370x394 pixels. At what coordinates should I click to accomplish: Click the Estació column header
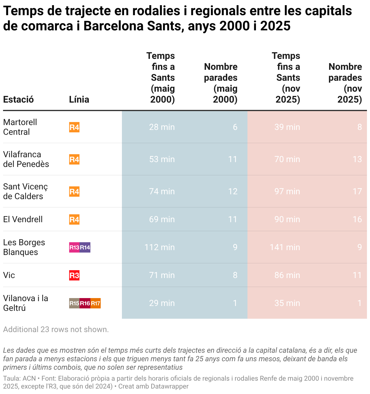click(x=18, y=100)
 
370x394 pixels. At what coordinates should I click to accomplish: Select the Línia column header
click(x=79, y=100)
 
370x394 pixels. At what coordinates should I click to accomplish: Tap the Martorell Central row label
click(x=20, y=127)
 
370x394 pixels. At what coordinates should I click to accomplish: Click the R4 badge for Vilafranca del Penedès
click(x=74, y=159)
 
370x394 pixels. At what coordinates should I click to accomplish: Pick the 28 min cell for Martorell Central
click(x=162, y=127)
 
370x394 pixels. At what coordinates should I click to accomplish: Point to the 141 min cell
click(x=285, y=247)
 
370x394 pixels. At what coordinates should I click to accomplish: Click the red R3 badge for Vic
click(x=74, y=275)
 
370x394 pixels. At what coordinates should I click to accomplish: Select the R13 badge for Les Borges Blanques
click(x=74, y=247)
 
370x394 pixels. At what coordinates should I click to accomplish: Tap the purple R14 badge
click(x=85, y=247)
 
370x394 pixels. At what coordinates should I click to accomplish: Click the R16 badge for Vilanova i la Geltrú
click(x=85, y=303)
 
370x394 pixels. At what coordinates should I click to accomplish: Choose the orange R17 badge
click(x=96, y=303)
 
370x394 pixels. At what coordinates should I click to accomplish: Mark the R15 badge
click(x=74, y=303)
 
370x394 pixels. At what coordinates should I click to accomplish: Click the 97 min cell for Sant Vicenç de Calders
click(x=287, y=191)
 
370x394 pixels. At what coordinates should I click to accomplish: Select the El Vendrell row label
click(x=23, y=219)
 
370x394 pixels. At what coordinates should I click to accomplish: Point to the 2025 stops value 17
click(x=357, y=191)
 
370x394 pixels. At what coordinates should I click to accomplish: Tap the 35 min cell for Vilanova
click(x=287, y=303)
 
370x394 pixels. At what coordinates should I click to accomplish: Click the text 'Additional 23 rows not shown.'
click(x=56, y=329)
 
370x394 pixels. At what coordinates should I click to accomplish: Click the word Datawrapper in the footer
click(x=170, y=386)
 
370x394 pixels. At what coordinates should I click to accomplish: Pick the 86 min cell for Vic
click(x=287, y=275)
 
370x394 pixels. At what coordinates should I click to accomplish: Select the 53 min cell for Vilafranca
click(x=162, y=159)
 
